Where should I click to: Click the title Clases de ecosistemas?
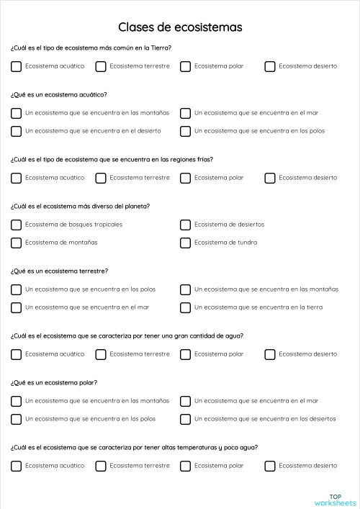(x=180, y=27)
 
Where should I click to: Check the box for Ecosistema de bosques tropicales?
(x=16, y=225)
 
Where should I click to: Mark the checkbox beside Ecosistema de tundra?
(x=185, y=243)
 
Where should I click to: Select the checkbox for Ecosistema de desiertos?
(x=185, y=225)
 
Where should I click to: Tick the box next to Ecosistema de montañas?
(x=16, y=243)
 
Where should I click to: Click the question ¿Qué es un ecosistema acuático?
(x=59, y=94)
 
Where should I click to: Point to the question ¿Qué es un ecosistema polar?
(x=54, y=382)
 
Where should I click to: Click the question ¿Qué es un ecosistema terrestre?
(x=60, y=271)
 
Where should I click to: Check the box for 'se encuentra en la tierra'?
(x=185, y=307)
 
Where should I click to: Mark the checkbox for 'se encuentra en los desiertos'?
(x=185, y=419)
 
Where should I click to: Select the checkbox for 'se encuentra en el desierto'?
(x=16, y=131)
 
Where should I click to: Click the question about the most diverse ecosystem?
(x=80, y=206)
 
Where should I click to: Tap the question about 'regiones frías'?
(x=112, y=159)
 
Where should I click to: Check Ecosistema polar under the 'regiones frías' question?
(x=185, y=178)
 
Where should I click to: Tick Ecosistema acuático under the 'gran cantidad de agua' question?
(x=16, y=354)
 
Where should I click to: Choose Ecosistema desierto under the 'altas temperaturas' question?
(x=270, y=466)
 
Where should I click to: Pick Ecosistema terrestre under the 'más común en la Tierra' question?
(x=101, y=66)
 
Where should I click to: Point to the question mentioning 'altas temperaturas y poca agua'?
(x=134, y=447)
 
